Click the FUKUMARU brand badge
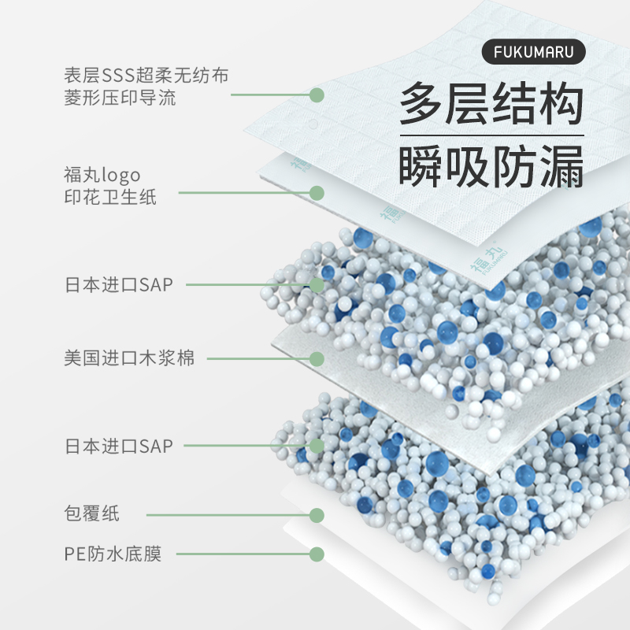point(533,52)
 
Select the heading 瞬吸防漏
point(492,165)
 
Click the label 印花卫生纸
point(110,197)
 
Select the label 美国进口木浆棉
point(129,359)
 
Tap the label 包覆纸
point(92,515)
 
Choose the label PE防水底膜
point(113,554)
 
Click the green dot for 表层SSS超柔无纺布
point(317,95)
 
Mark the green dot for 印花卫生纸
point(317,193)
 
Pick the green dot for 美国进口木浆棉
point(317,359)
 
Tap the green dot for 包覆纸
point(317,515)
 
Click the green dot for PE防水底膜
point(317,554)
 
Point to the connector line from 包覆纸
point(228,515)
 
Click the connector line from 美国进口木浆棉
point(260,359)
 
